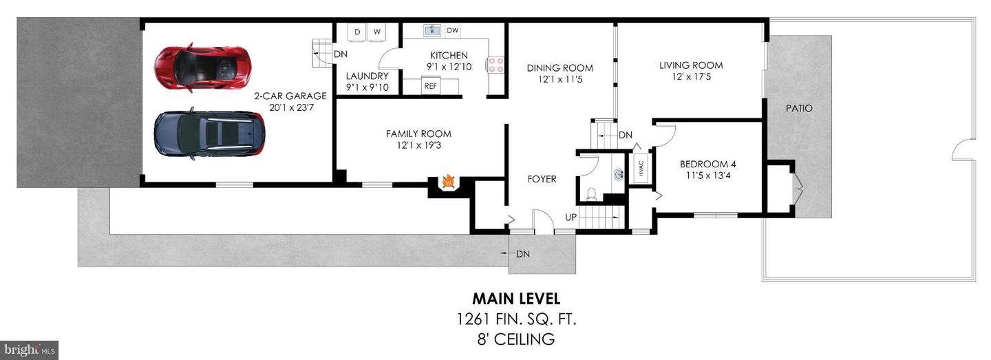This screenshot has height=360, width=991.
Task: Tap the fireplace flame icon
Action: tap(448, 182)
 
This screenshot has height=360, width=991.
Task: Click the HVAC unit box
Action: tap(641, 169)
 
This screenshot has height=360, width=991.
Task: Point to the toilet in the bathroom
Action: tap(590, 194)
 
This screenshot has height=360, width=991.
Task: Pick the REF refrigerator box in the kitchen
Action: tap(431, 86)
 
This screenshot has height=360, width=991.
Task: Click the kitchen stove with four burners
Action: tap(495, 65)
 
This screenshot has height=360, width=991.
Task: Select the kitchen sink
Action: tap(432, 31)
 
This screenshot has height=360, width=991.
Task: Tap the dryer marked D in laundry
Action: tap(357, 32)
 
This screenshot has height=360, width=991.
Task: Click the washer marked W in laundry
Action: tap(377, 32)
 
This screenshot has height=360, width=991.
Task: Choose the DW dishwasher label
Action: tap(452, 31)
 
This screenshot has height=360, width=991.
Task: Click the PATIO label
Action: tap(799, 108)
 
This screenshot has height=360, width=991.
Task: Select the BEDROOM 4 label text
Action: tap(708, 164)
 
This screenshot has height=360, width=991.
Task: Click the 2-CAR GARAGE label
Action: tap(290, 96)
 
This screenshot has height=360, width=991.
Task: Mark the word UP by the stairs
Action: tap(571, 218)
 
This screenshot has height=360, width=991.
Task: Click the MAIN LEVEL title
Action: tap(515, 299)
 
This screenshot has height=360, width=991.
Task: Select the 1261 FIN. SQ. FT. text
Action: tap(515, 319)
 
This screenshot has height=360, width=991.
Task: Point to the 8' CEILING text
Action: tap(515, 339)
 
